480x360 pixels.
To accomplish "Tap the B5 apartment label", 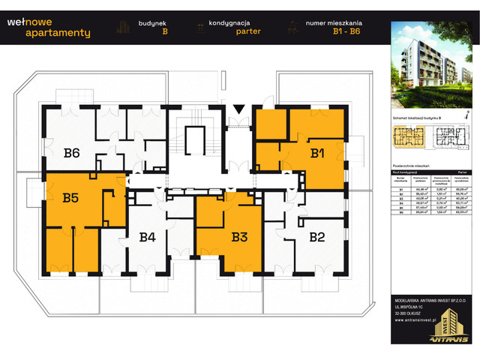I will [70, 199].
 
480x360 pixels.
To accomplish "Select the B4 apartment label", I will [147, 238].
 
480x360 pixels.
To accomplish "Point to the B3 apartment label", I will [239, 238].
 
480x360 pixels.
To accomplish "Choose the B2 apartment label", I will [316, 238].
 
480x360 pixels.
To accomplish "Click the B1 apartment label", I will [316, 154].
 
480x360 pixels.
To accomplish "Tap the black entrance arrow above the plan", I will [238, 110].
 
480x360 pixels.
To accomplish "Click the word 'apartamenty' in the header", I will [57, 33].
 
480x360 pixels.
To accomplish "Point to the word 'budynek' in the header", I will [154, 23].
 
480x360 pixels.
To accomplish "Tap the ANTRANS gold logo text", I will [448, 339].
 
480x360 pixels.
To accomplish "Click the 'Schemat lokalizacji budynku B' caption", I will [413, 118].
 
